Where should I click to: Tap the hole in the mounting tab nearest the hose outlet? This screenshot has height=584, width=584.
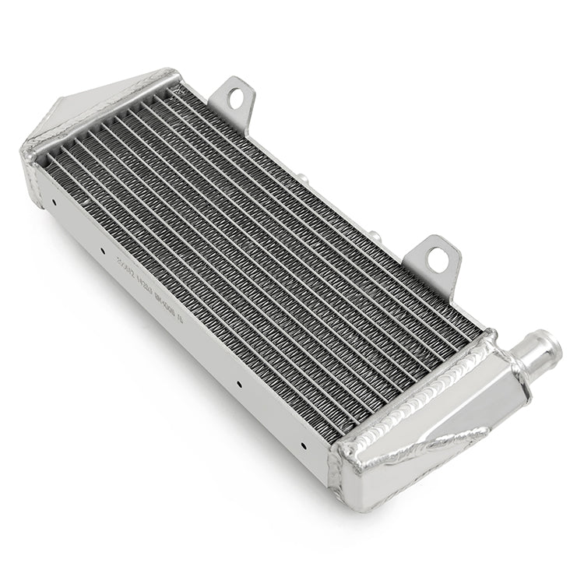click(x=438, y=260)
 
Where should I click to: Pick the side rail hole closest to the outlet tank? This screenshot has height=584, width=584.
click(x=302, y=446)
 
